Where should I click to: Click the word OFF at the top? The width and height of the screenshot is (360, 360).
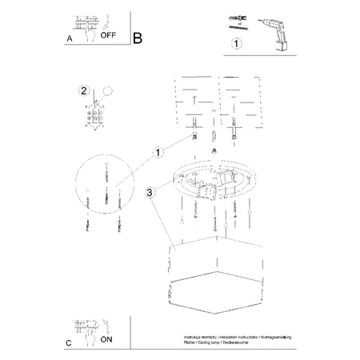pyautogui.click(x=106, y=35)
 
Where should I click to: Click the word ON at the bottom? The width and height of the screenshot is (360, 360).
pyautogui.click(x=106, y=339)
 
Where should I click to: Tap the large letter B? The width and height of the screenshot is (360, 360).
pyautogui.click(x=137, y=37)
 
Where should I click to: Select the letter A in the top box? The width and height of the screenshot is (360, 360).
pyautogui.click(x=70, y=37)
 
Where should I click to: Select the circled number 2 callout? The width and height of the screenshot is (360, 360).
pyautogui.click(x=82, y=90)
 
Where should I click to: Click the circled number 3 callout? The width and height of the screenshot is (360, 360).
pyautogui.click(x=150, y=192)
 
